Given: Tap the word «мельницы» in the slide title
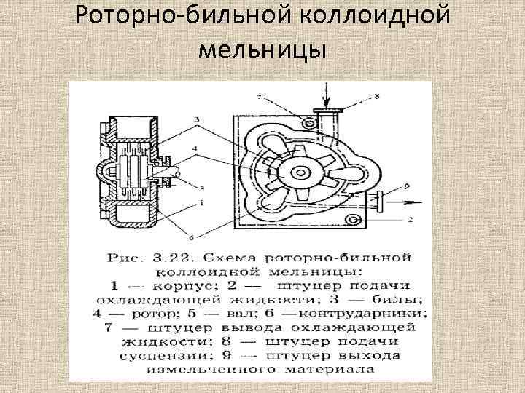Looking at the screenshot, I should point(262,51).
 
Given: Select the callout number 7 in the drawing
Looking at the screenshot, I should point(259,96).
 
